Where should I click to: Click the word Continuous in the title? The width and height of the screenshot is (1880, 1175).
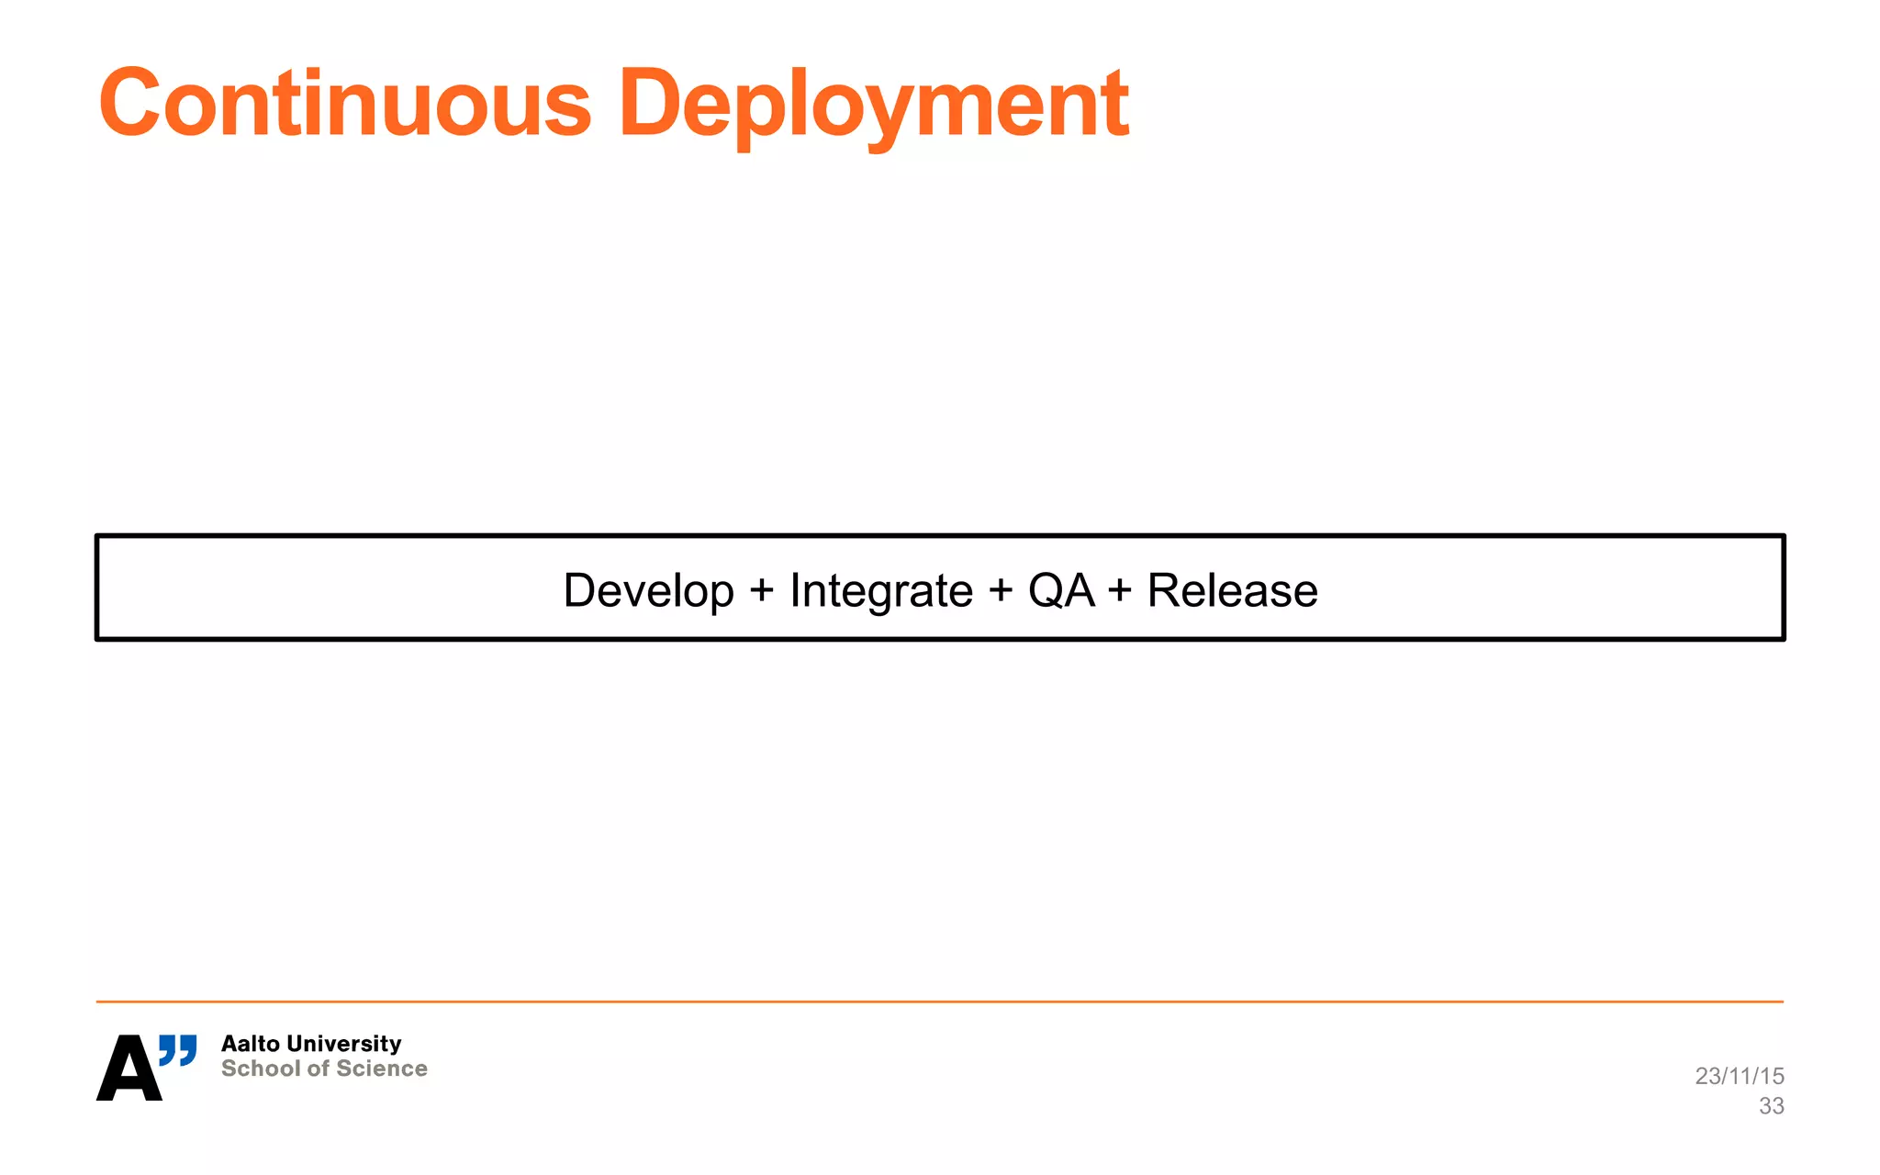pos(345,103)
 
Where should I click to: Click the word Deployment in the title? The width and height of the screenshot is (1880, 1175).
pos(873,103)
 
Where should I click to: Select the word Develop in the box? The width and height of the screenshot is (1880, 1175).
pos(648,590)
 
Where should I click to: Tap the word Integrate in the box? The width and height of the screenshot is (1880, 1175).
pos(881,590)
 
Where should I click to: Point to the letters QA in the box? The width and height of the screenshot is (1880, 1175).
pos(1061,590)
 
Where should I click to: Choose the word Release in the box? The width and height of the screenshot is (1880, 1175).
pos(1232,590)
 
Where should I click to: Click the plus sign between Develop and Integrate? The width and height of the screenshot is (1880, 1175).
pos(761,590)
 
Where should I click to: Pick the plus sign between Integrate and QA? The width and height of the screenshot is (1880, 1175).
pos(1001,590)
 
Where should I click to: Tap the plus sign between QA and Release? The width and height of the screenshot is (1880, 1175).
pos(1119,590)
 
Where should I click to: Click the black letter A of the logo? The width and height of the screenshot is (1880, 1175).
pos(129,1069)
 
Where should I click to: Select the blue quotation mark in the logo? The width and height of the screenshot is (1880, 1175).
pos(178,1050)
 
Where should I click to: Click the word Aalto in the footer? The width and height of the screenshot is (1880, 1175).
pos(251,1044)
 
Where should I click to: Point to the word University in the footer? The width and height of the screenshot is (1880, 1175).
pos(344,1044)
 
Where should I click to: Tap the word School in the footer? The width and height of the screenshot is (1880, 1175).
pos(261,1069)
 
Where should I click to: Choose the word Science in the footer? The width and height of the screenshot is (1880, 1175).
pos(382,1069)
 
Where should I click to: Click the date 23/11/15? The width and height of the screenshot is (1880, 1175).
pos(1739,1076)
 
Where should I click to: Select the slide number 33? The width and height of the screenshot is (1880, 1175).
pos(1771,1106)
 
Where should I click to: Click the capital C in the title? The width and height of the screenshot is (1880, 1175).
pos(130,103)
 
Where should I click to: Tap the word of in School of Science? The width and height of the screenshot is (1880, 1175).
pos(318,1069)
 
